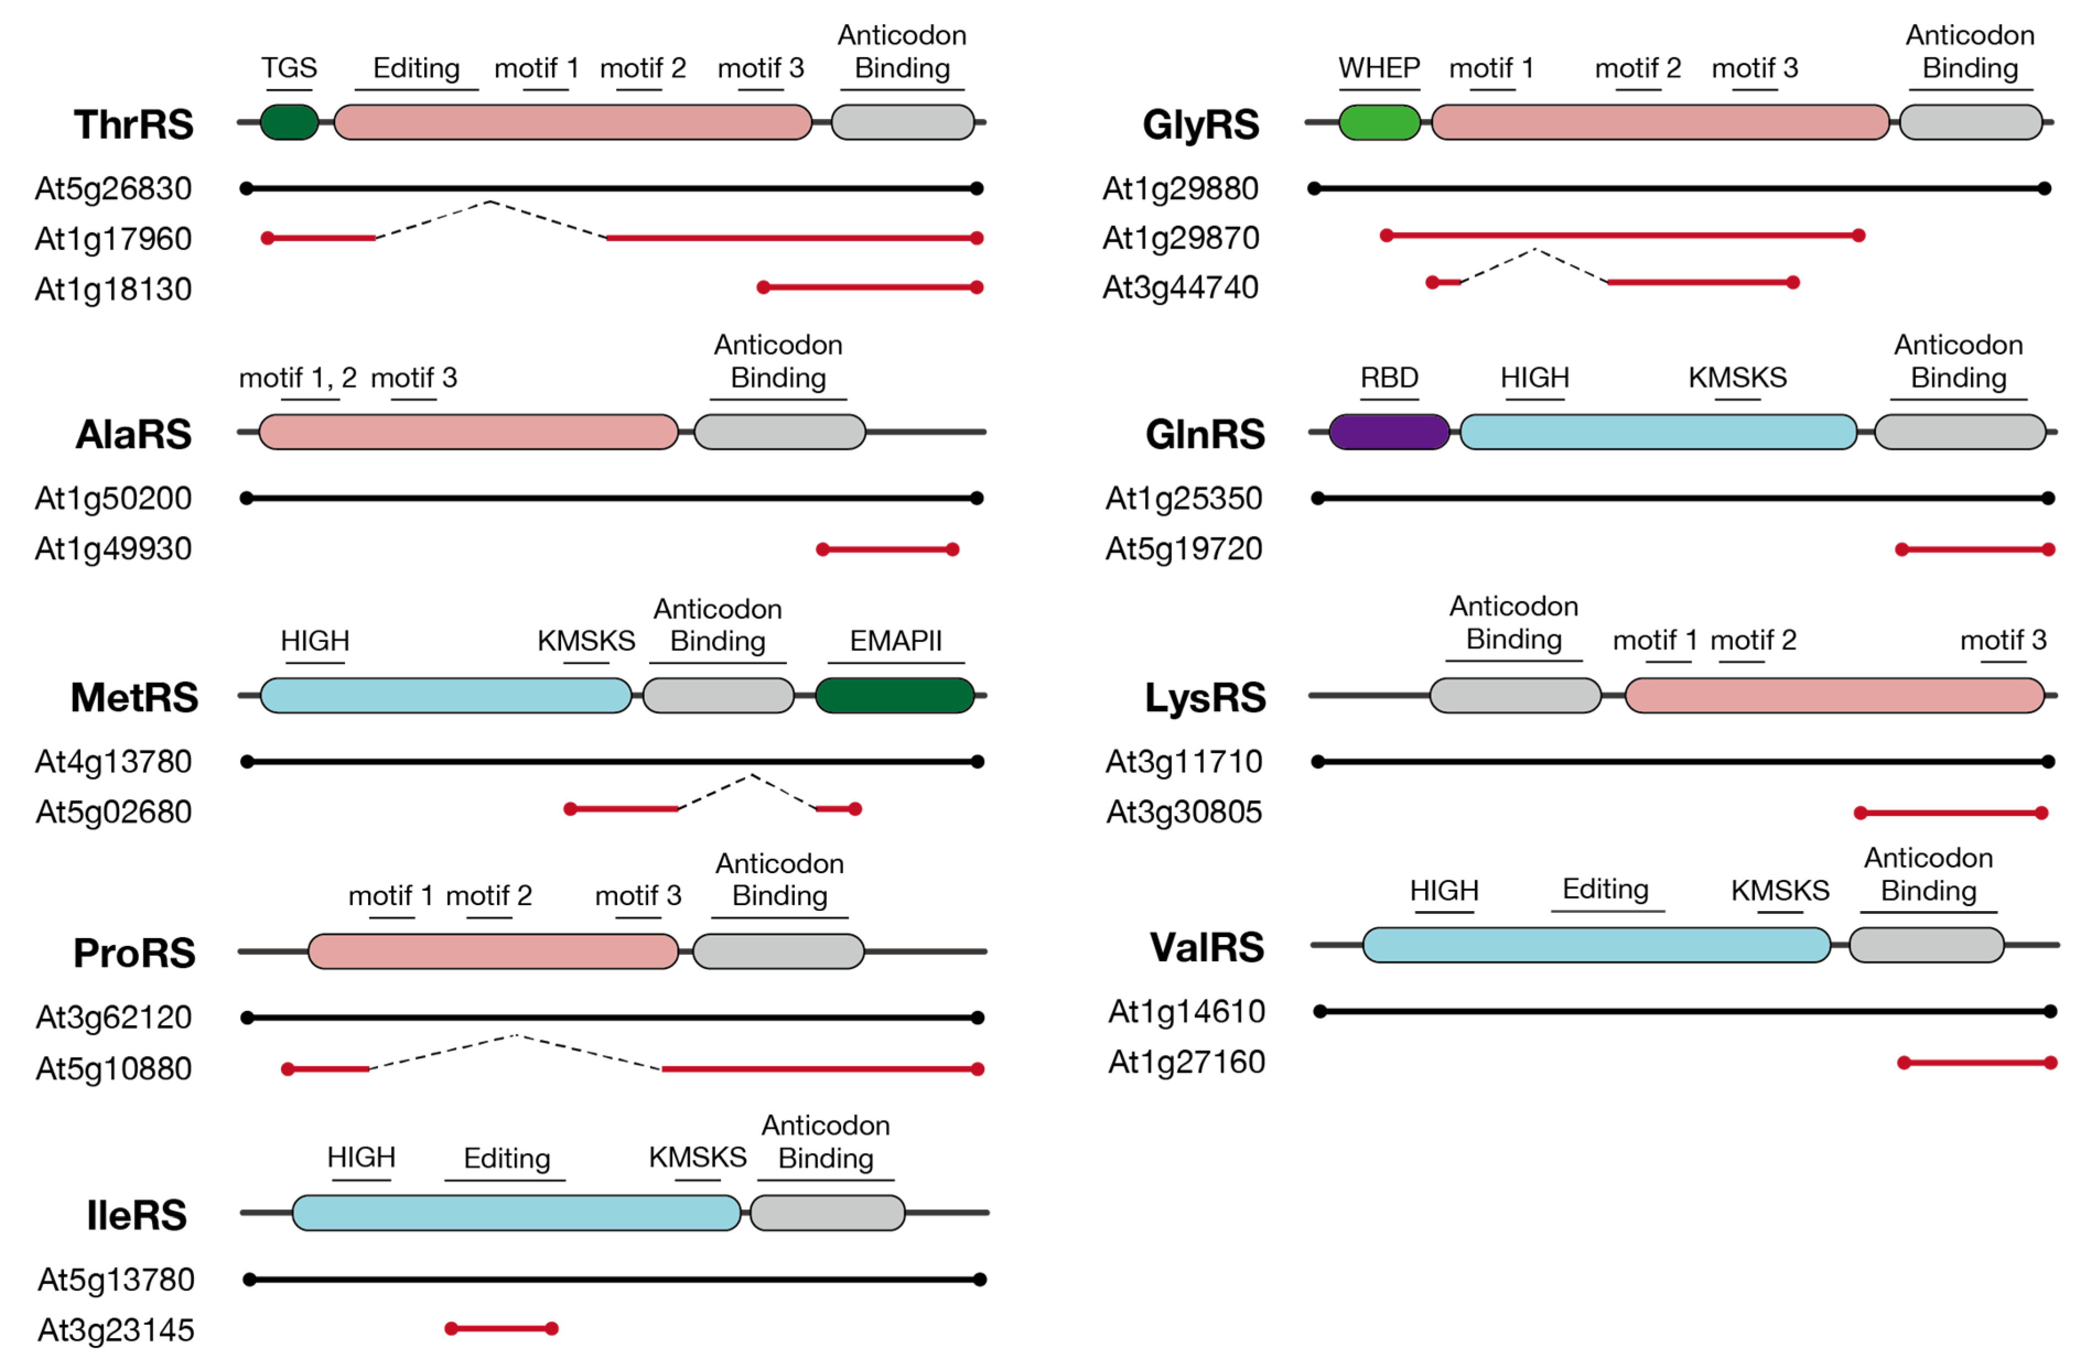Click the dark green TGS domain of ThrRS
pos(289,122)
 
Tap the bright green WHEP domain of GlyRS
pos(1378,122)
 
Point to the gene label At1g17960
pos(114,238)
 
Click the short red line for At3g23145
pos(501,1328)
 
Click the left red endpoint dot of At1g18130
pos(763,288)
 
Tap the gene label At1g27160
pos(1186,1062)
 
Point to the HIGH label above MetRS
pos(315,641)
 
